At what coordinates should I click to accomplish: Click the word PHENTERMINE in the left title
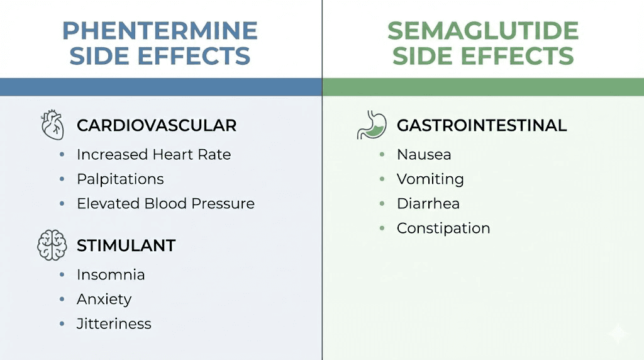(160, 31)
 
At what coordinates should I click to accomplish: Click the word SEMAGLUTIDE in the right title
(482, 31)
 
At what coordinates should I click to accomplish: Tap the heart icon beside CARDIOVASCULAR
(52, 125)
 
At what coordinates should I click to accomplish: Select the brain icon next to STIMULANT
(52, 245)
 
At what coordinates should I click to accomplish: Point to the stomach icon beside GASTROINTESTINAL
(371, 125)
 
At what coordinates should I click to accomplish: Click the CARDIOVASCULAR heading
(157, 125)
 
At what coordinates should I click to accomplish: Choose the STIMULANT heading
(126, 245)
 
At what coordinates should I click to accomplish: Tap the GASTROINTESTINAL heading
(482, 125)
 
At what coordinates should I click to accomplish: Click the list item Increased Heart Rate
(153, 154)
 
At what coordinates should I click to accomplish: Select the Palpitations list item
(120, 179)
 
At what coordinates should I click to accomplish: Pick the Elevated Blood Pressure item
(165, 203)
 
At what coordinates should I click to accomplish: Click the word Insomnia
(111, 274)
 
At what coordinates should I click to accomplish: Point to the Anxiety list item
(104, 299)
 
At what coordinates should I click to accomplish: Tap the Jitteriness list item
(114, 323)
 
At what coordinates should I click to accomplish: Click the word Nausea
(424, 154)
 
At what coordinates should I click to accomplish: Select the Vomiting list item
(430, 179)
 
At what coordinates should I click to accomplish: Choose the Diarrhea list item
(428, 203)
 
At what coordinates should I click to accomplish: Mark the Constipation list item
(443, 228)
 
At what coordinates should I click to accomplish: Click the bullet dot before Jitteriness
(62, 324)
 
